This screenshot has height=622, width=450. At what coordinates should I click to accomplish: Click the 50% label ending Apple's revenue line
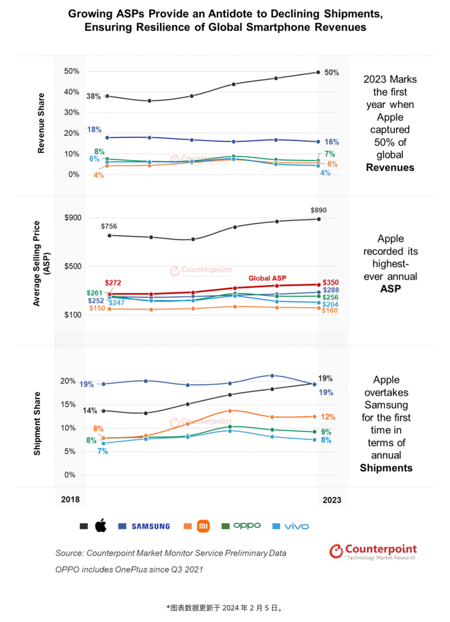(x=332, y=72)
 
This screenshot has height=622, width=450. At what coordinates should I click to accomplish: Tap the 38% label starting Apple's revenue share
(x=94, y=96)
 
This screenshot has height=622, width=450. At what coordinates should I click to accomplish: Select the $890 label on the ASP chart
(x=318, y=210)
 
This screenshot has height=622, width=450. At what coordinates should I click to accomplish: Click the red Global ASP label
(x=267, y=278)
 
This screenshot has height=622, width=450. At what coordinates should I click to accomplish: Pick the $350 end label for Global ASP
(x=332, y=282)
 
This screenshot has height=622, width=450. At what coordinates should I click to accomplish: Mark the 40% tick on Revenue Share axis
(x=71, y=92)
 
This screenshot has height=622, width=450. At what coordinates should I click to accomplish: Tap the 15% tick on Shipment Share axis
(x=69, y=405)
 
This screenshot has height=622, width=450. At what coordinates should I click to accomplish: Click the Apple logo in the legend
(x=100, y=526)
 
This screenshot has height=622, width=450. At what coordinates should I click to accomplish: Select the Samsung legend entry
(x=150, y=526)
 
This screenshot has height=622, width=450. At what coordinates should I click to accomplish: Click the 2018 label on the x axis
(x=71, y=499)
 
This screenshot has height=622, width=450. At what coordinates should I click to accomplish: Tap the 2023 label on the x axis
(x=332, y=499)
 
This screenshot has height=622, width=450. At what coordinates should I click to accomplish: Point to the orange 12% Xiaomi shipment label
(x=328, y=417)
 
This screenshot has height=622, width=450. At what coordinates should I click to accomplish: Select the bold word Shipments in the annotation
(x=387, y=468)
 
